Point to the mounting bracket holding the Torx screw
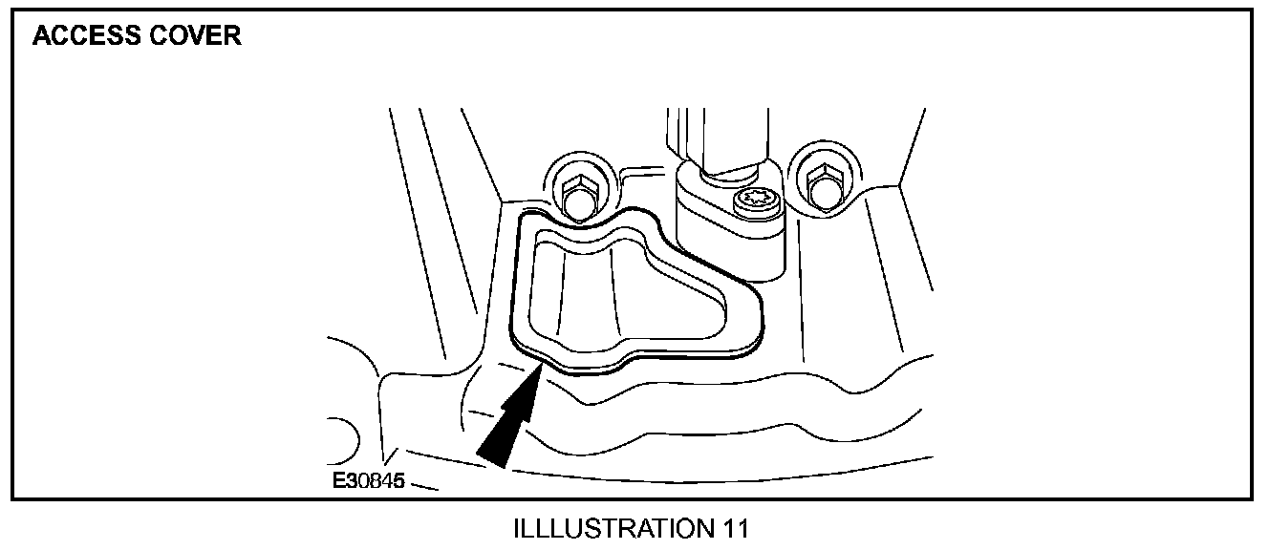tap(726, 224)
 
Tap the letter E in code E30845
tap(339, 481)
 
